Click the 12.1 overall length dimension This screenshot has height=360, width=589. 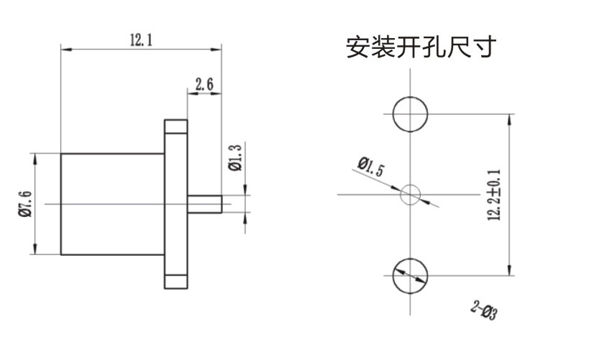click(141, 40)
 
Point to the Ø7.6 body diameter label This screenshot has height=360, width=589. click(24, 203)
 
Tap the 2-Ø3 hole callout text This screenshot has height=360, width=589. click(484, 310)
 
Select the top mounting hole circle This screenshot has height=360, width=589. click(410, 114)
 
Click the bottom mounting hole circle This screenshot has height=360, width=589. click(410, 274)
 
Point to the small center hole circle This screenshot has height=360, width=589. click(410, 193)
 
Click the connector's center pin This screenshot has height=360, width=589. click(204, 203)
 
